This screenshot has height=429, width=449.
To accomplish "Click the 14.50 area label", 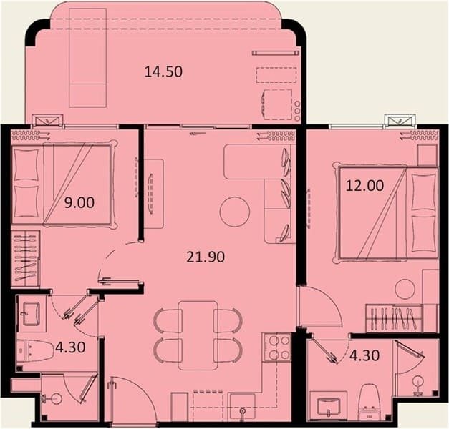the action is coord(163,71).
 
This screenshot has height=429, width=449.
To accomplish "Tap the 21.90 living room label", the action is coord(206,257).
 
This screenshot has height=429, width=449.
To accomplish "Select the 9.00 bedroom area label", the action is coord(79,203).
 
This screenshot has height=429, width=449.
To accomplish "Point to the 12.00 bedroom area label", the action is coord(364,186).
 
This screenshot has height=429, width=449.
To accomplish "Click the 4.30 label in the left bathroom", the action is coord(70,347).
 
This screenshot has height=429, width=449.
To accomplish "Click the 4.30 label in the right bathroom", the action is coord(364,355).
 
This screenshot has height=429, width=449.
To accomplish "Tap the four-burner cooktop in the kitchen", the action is coord(277,347).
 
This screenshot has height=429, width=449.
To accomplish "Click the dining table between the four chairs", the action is coord(198,335).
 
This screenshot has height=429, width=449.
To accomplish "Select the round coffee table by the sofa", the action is coord(235,212).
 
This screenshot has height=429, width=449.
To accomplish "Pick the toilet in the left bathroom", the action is coord(35,349).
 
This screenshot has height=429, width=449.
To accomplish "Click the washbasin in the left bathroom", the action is coord(32,313).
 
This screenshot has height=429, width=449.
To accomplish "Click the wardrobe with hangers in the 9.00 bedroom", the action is coord(25,258).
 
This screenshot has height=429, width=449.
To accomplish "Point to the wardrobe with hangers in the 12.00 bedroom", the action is coord(394,318).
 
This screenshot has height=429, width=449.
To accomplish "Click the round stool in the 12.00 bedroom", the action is coord(405,289).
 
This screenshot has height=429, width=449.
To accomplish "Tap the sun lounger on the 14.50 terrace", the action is coord(88,57).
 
